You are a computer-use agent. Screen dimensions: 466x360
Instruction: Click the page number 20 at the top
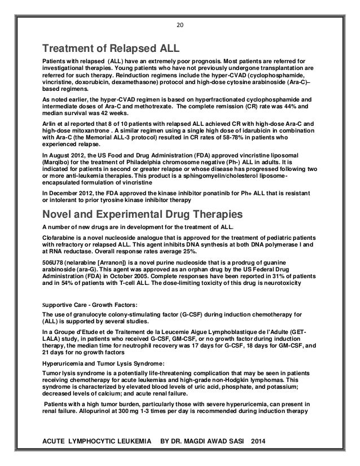tap(180, 24)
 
